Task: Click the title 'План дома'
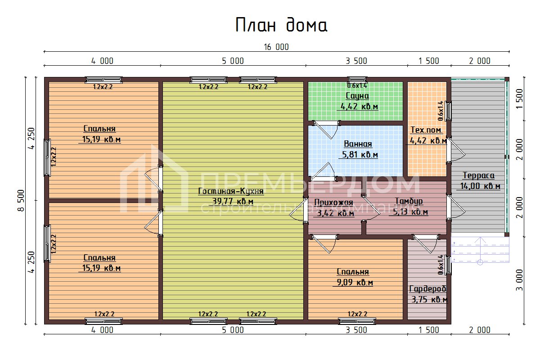(x=281, y=25)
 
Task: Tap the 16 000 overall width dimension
(x=276, y=47)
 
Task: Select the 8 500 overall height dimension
(x=21, y=201)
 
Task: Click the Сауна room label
(x=357, y=96)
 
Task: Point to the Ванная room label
(x=358, y=144)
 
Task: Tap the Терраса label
(x=478, y=175)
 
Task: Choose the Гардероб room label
(x=427, y=289)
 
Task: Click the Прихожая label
(x=333, y=202)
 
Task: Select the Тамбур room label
(x=409, y=201)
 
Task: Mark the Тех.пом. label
(x=426, y=130)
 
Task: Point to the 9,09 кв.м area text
(x=355, y=283)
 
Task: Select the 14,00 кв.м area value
(x=480, y=186)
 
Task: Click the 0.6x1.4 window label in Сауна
(x=357, y=85)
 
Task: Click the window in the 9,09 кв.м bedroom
(x=357, y=321)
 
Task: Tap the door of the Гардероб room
(x=425, y=243)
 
